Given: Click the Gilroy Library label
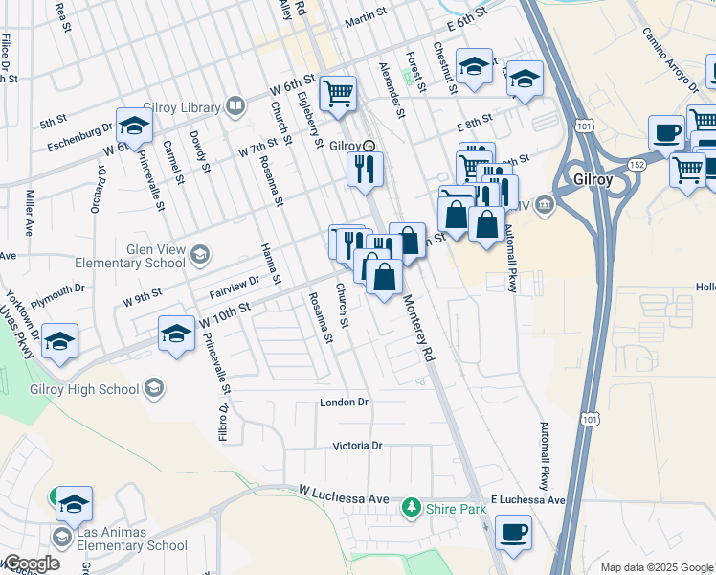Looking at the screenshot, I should click(x=182, y=107).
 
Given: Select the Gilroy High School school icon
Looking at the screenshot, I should click(x=154, y=388).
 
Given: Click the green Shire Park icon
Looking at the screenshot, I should click(x=412, y=505).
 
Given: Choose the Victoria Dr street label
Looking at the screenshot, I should click(x=357, y=446).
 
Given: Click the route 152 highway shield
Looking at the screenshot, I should click(x=637, y=164).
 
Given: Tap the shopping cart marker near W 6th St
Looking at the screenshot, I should click(x=338, y=94).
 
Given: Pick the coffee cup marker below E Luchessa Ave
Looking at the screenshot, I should click(x=514, y=532).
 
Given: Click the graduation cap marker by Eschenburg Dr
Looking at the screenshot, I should click(x=134, y=126).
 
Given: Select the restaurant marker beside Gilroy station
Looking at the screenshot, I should click(x=366, y=169).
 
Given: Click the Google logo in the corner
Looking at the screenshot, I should click(x=31, y=563).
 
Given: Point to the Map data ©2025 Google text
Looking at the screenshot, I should click(x=657, y=567).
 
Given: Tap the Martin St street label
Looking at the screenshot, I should click(x=365, y=17).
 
